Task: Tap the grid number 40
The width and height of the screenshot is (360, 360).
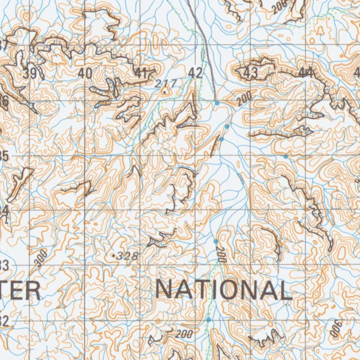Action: (85, 73)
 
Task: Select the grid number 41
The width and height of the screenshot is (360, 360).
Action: (141, 73)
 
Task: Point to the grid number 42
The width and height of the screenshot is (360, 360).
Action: (195, 73)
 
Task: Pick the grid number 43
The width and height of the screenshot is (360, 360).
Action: (251, 73)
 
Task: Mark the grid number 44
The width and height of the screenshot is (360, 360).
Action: (306, 73)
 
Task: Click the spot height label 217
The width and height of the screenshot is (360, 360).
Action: (165, 83)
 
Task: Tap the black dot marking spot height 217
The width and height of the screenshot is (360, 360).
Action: (164, 92)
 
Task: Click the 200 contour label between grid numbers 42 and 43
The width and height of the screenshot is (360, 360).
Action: (244, 99)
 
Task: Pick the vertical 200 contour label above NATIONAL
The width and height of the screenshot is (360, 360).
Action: (220, 255)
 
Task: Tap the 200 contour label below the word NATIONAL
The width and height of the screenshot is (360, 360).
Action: (184, 334)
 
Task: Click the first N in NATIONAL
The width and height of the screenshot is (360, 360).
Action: (166, 290)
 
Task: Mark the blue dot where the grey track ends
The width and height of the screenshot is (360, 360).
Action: (217, 103)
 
